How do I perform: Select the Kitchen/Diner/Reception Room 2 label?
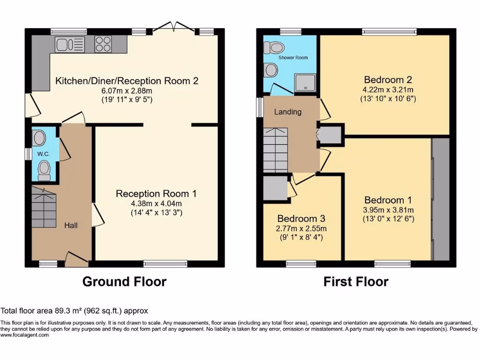[127, 81]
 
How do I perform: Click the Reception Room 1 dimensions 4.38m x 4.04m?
[156, 203]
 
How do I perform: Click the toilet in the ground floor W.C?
[44, 170]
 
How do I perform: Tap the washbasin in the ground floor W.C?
[39, 138]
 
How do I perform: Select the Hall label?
[71, 225]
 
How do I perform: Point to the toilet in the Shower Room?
[274, 47]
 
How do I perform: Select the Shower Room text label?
[293, 58]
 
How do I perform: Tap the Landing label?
[288, 112]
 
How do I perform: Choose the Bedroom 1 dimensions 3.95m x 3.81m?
[389, 210]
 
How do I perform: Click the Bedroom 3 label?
[302, 219]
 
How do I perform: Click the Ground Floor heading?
[124, 282]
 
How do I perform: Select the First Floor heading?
[356, 282]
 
